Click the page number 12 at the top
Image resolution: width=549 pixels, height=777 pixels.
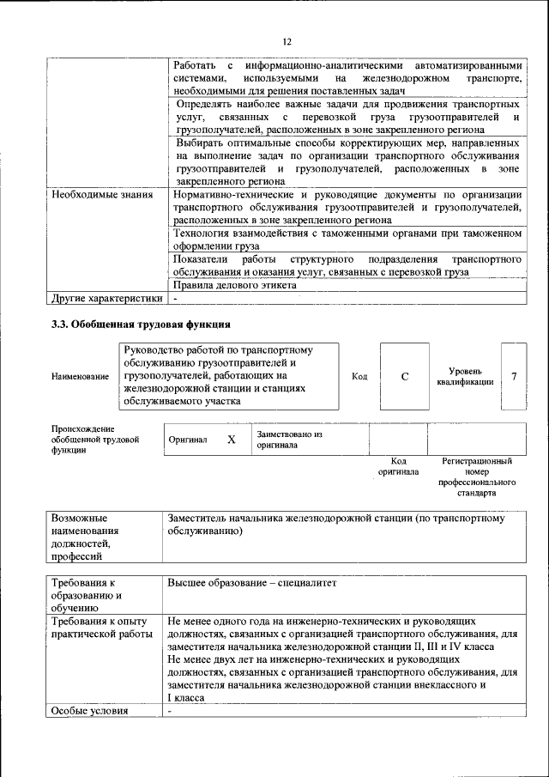[287, 41]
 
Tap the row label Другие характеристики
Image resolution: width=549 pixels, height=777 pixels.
[106, 298]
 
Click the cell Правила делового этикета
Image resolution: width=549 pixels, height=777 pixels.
[235, 284]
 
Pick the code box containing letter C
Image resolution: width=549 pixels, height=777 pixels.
[404, 376]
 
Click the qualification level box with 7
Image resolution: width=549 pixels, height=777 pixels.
[513, 376]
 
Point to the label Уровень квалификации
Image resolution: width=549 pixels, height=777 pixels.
[464, 376]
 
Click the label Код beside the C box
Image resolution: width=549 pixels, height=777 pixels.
[359, 376]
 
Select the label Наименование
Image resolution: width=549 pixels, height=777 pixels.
[80, 376]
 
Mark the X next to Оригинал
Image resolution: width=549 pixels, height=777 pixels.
[231, 440]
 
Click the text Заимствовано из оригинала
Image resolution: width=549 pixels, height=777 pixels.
[288, 440]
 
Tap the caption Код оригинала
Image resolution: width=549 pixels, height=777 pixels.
[398, 466]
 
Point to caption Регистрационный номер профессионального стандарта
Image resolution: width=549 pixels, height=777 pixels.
[477, 477]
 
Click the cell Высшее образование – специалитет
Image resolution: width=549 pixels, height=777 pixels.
[253, 582]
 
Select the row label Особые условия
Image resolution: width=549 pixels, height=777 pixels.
[89, 710]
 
